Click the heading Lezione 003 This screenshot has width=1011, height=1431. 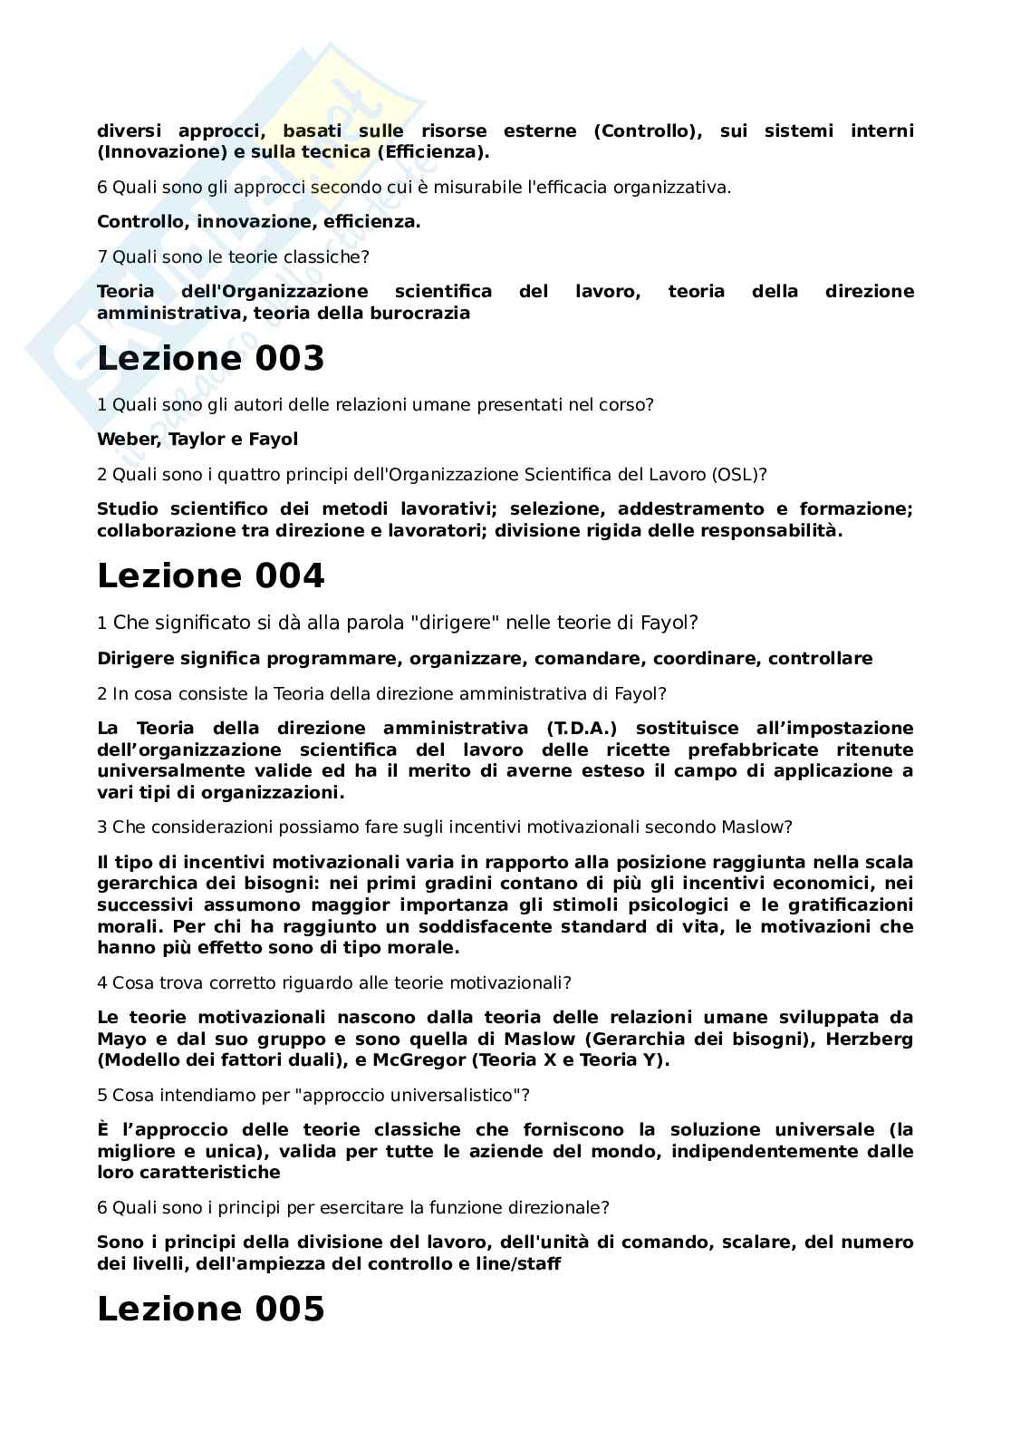point(210,359)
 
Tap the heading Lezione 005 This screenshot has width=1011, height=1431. point(210,1310)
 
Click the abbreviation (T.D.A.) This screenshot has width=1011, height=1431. point(582,728)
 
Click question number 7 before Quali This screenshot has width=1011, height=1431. point(102,257)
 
